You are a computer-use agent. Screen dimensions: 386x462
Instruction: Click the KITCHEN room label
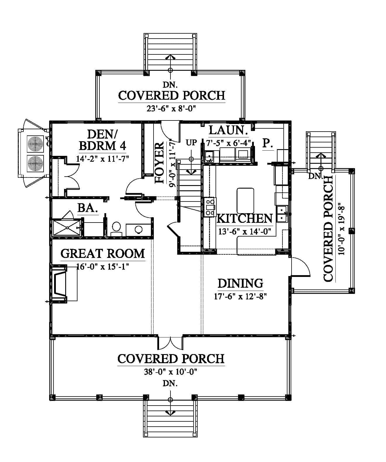point(244,218)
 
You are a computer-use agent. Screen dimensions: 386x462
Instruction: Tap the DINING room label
point(240,283)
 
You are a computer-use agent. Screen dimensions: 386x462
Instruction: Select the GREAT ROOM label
point(103,254)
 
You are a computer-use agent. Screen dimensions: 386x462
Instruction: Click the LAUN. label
point(228,130)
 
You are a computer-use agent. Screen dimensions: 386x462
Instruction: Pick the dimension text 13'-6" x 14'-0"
point(245,232)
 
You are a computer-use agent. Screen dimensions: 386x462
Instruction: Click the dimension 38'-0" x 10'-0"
point(170,372)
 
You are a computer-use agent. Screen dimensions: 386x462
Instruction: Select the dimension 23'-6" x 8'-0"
point(171,108)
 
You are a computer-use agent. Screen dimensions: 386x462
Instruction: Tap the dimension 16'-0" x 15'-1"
point(103,267)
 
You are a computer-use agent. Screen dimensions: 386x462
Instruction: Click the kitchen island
point(245,201)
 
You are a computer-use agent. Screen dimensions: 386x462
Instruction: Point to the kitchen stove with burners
point(210,207)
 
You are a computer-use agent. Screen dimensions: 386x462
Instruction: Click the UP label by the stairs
point(191,143)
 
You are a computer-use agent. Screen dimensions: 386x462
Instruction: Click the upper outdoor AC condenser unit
point(35,144)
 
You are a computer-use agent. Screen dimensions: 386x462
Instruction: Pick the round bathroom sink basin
point(139,230)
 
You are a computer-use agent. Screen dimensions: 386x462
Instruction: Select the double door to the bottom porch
point(170,343)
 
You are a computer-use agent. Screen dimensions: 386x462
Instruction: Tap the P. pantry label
point(268,143)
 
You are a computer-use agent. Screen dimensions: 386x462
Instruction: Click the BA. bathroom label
point(88,208)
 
